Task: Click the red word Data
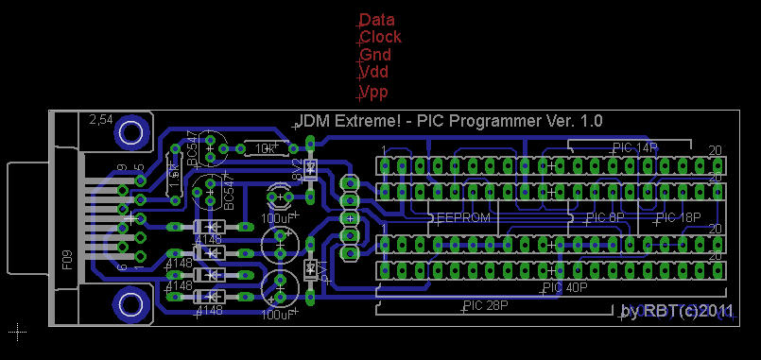click(377, 20)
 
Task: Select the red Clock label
click(381, 37)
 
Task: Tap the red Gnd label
click(375, 55)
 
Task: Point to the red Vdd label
click(374, 72)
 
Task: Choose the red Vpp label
click(374, 92)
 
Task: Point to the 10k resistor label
click(265, 148)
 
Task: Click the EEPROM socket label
click(462, 218)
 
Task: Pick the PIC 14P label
click(634, 147)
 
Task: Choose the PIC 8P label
click(605, 218)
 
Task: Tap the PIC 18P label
click(678, 218)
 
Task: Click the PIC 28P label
click(487, 306)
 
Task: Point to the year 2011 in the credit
click(715, 311)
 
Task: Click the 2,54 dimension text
click(100, 120)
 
